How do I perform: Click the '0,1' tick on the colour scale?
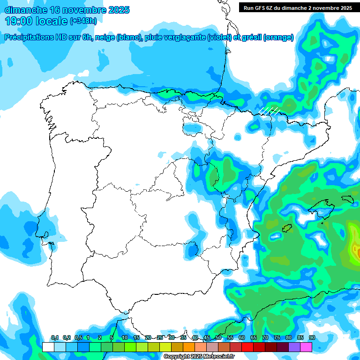click(x=54, y=338)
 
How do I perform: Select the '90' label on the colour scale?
click(x=312, y=338)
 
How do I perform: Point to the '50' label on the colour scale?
click(x=218, y=338)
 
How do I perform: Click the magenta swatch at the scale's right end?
click(x=306, y=347)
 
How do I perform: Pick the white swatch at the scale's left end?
click(x=48, y=347)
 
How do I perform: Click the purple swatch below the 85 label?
click(x=294, y=347)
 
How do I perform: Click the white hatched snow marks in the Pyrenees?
click(x=271, y=110)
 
